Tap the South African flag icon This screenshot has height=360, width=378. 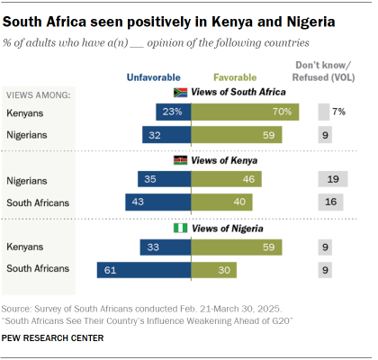point(179,93)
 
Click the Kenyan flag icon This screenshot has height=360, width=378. point(179,160)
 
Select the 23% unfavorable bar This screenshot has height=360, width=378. point(173,112)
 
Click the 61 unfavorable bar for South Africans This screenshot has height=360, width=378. point(144,268)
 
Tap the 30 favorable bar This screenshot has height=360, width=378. point(214,268)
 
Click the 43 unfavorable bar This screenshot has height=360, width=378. point(158,202)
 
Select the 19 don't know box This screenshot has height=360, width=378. point(332,180)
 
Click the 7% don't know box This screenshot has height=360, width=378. point(323,112)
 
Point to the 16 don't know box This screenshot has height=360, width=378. point(331,202)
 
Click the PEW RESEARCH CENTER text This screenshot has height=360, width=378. point(54,337)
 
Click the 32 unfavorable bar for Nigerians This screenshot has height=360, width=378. point(166,134)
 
